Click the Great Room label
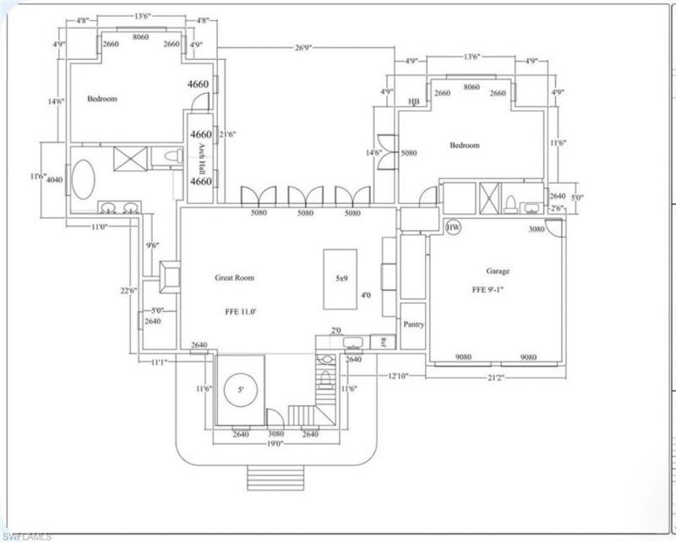click(236, 277)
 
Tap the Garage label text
click(497, 271)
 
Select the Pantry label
click(413, 324)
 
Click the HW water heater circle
click(453, 227)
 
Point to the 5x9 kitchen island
click(341, 279)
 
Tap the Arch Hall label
click(202, 158)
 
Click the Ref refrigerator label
click(383, 342)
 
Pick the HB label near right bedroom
click(413, 102)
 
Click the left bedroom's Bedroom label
click(102, 99)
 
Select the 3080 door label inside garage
click(536, 229)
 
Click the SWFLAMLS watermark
click(27, 535)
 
